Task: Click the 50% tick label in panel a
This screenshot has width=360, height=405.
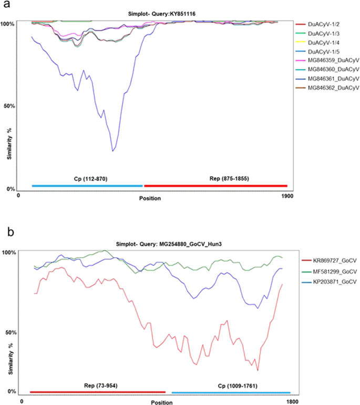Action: tap(9, 106)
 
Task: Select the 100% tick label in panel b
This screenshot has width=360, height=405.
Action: tap(9, 252)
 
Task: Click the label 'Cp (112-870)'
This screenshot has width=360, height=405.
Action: tap(87, 178)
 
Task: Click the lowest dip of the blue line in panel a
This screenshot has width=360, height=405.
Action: tap(112, 151)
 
